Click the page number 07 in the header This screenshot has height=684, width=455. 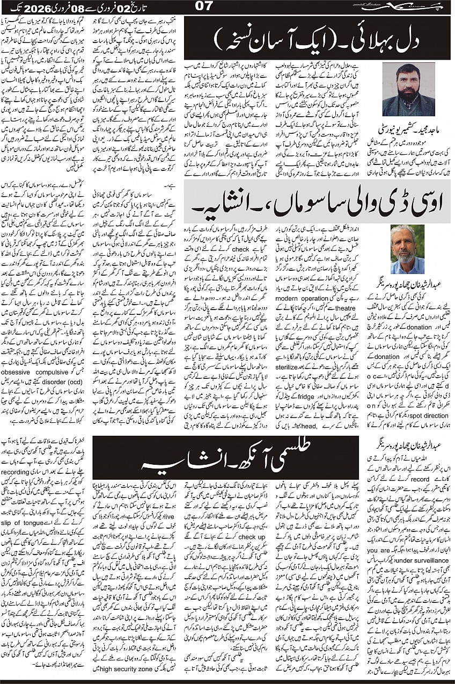(205, 6)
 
